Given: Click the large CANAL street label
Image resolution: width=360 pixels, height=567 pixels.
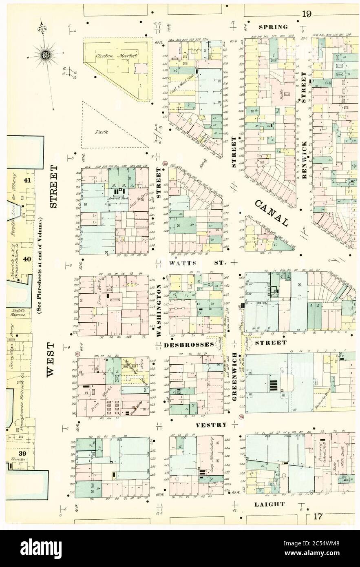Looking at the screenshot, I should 274,213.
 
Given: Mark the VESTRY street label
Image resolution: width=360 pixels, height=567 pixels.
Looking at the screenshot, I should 211,425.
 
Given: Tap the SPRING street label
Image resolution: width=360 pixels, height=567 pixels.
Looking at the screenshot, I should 274,27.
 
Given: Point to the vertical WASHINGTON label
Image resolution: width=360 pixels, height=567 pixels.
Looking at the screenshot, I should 159,310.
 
